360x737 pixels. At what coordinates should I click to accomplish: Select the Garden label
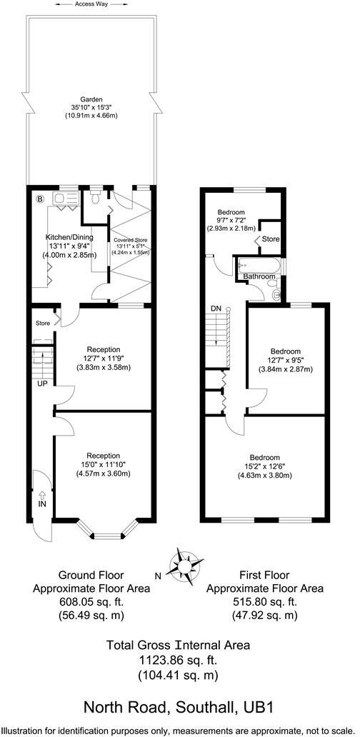[91, 99]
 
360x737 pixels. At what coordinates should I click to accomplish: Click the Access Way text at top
[91, 4]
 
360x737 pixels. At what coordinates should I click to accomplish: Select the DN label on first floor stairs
[216, 308]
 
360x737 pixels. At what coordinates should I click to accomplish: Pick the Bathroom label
[259, 276]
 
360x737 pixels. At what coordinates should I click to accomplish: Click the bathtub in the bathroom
[256, 264]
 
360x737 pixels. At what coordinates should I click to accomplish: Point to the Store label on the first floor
[271, 239]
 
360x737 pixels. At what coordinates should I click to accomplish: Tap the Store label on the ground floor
[43, 323]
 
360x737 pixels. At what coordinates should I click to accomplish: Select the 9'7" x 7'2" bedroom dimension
[232, 221]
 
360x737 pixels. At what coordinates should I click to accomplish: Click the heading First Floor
[264, 575]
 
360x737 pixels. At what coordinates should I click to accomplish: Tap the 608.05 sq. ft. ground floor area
[91, 603]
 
